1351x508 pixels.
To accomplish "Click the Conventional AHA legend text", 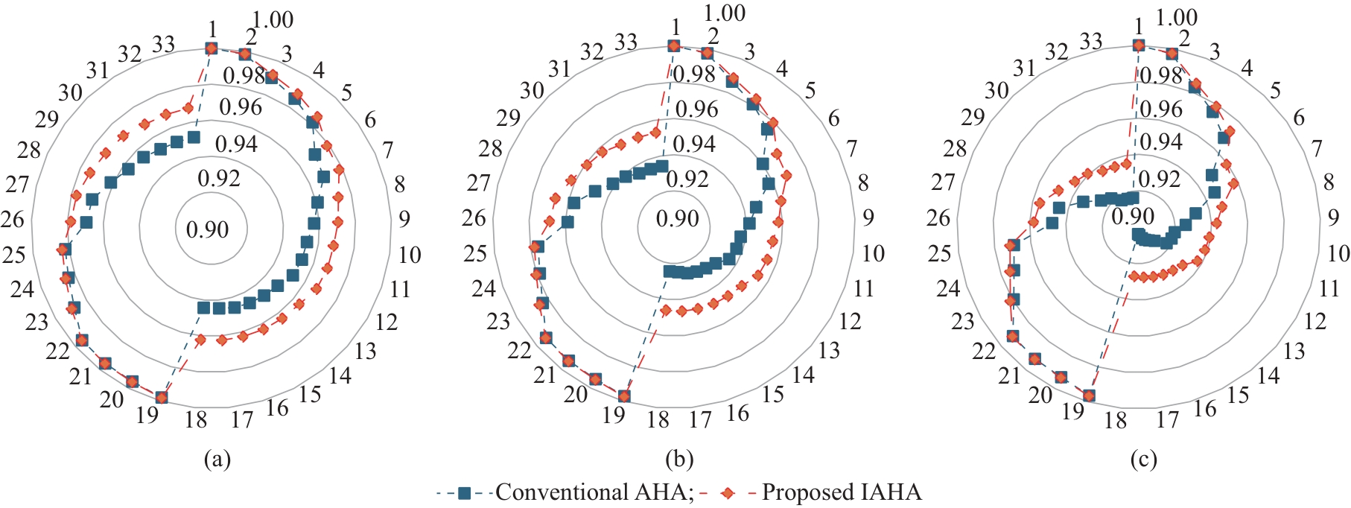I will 594,492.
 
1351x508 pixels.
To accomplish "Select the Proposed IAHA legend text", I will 842,492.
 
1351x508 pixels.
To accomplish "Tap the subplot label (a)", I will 217,460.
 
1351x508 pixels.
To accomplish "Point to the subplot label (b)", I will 679,460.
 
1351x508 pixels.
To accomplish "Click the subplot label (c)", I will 1143,460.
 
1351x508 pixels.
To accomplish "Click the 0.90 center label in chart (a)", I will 207,229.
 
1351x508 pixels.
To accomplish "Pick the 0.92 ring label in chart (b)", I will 687,180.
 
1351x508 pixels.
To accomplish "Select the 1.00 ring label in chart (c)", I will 1177,17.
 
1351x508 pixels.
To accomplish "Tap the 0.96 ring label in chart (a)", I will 241,107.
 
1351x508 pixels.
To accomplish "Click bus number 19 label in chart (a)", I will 147,415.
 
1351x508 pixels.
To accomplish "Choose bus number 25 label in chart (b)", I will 475,254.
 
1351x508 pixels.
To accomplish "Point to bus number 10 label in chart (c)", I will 1338,253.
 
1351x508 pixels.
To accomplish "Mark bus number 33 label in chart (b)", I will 626,42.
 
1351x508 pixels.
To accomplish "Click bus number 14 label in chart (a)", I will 340,375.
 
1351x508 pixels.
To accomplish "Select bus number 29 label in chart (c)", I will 973,118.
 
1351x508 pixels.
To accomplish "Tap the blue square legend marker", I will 465,492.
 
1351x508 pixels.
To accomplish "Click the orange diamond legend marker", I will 729,492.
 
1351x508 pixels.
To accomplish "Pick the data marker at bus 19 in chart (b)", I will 624,396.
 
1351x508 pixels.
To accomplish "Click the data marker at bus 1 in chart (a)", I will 211,48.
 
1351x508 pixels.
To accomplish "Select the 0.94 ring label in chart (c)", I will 1161,142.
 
